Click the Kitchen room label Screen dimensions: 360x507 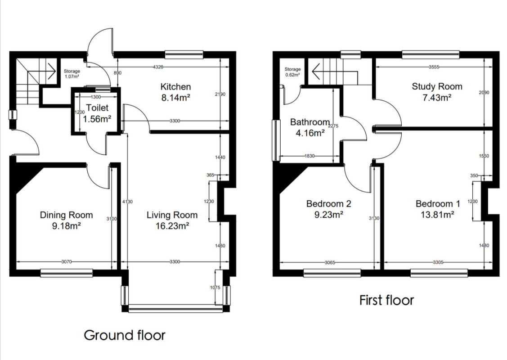(176, 86)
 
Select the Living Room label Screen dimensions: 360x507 (172, 215)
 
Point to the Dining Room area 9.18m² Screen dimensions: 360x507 (67, 226)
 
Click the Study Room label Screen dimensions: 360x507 (437, 86)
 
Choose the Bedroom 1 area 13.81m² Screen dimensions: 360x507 (435, 215)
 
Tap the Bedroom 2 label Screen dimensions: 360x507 (328, 203)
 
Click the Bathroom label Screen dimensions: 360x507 (310, 122)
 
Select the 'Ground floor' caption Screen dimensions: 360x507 (125, 335)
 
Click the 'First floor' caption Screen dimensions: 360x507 (386, 300)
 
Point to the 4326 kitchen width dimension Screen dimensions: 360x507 (157, 67)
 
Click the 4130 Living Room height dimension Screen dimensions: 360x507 (128, 202)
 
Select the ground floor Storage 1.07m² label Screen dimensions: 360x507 (72, 74)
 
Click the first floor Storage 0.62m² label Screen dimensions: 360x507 (292, 72)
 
